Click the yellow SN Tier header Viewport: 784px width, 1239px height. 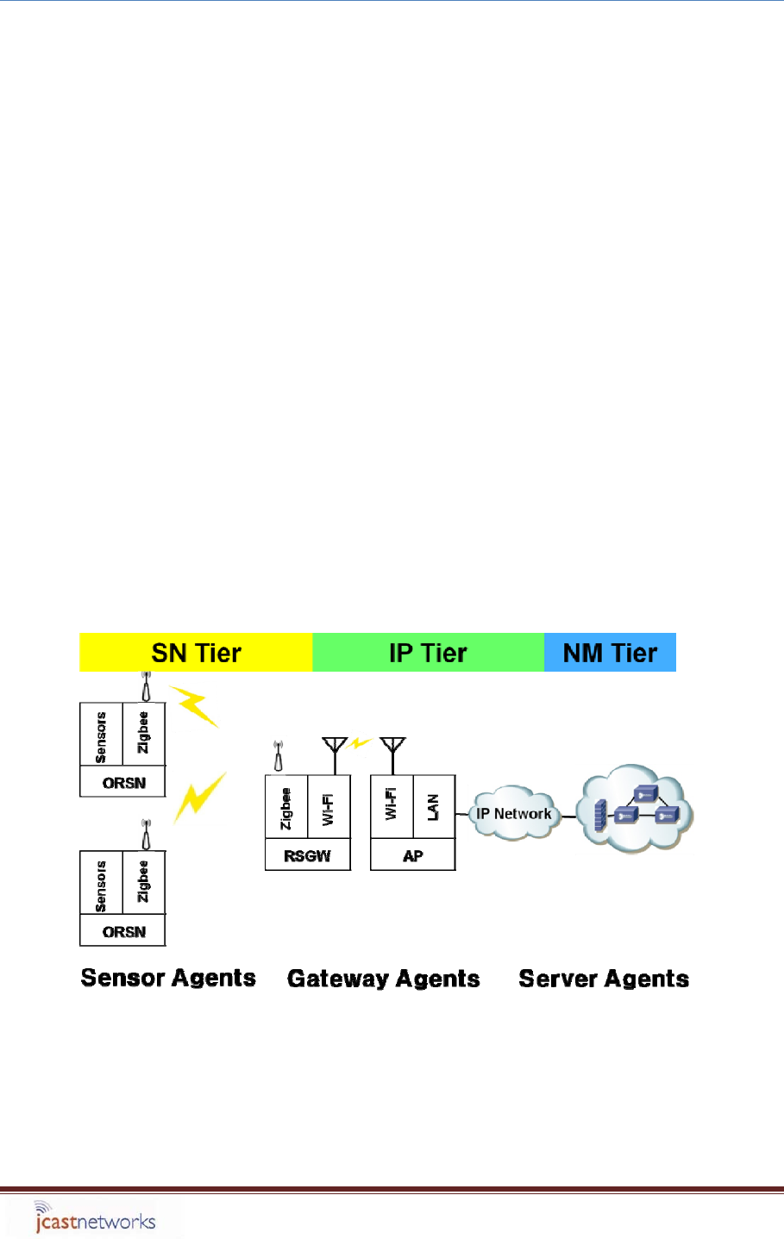coord(196,653)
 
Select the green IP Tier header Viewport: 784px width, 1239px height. coord(428,653)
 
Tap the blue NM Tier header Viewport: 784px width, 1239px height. coord(610,653)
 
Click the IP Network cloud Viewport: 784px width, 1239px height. coord(513,813)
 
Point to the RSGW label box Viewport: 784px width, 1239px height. coord(307,856)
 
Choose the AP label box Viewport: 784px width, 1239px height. coord(412,856)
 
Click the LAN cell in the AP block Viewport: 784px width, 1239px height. coord(434,807)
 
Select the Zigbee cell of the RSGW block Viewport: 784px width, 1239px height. coord(286,807)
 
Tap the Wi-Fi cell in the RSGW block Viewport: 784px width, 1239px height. coord(329,807)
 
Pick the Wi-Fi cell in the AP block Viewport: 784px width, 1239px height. coord(392,807)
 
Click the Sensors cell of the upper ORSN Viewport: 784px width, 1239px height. coord(101,735)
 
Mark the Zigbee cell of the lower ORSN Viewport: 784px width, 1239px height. coord(144,883)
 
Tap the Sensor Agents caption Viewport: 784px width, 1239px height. coord(168,978)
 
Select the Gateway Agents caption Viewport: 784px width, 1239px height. coord(383,979)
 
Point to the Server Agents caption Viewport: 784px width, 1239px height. coord(604,979)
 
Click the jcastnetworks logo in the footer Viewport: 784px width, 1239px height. coord(94,1219)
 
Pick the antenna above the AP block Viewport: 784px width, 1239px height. coord(392,752)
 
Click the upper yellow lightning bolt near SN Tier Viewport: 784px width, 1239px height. coord(194,706)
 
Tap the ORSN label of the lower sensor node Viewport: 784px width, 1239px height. coord(123,932)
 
